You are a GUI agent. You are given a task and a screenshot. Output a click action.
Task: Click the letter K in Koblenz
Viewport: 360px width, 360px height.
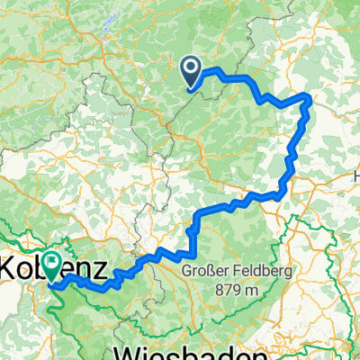coord(8,268)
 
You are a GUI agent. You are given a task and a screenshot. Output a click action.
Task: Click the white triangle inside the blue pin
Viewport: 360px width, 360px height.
coord(192,67)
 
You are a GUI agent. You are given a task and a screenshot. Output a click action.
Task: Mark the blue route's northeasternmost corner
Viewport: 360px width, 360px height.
coord(310,96)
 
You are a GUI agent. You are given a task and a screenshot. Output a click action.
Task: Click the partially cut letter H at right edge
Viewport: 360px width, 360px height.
coord(356,178)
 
